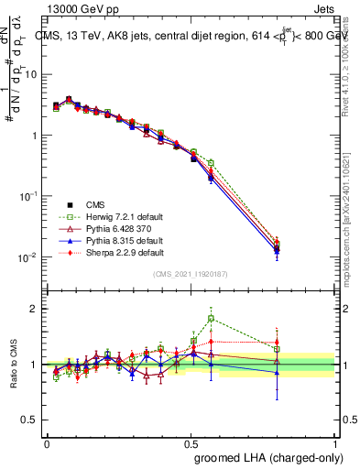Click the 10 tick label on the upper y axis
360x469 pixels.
pos(31,74)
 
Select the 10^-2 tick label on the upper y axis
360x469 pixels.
pos(29,257)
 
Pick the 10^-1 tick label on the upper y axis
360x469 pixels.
pos(29,196)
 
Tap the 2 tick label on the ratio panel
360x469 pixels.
pos(35,309)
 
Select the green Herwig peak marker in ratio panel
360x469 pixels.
pos(211,319)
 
